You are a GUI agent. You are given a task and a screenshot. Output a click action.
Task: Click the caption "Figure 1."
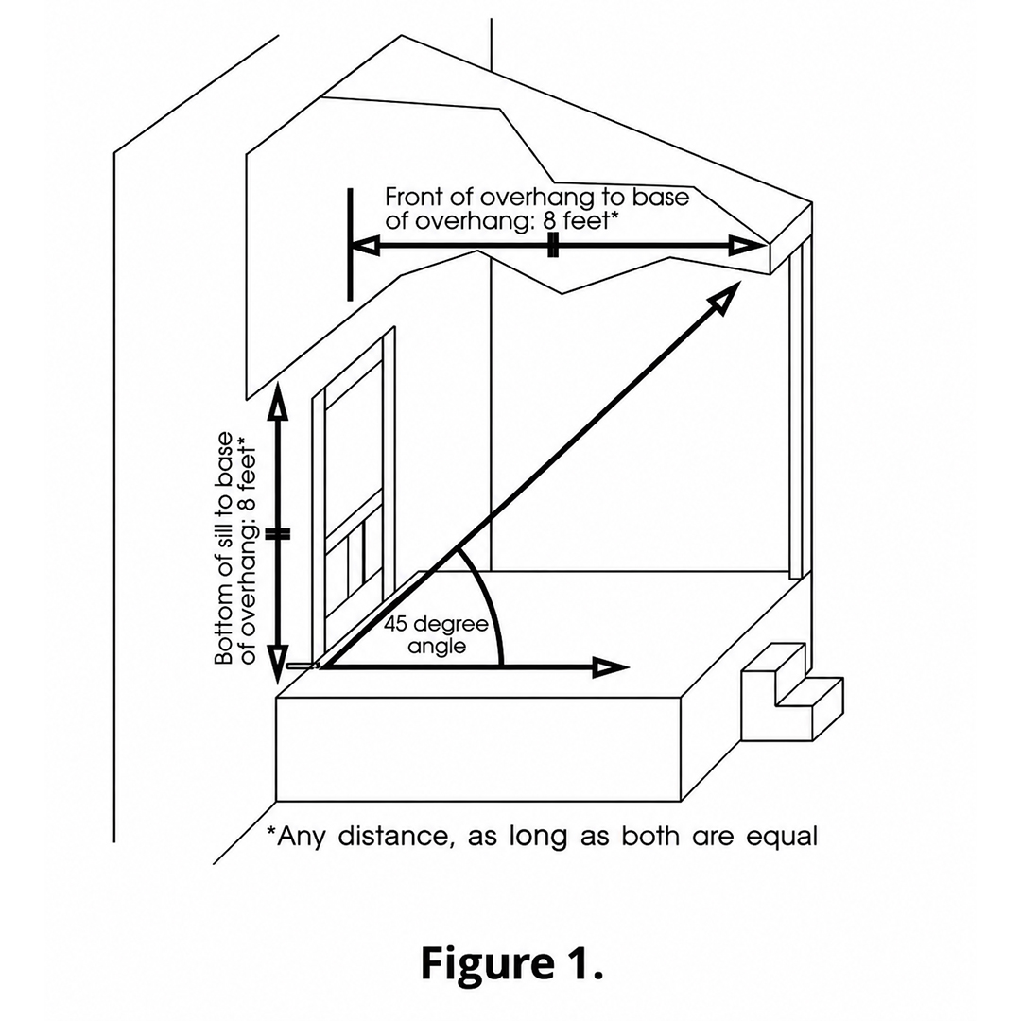point(511,963)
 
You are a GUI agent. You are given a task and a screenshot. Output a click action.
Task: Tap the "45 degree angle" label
point(436,635)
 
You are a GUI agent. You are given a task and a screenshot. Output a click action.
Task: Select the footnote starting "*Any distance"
point(543,836)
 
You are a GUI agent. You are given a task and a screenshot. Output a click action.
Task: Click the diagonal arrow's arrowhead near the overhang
point(725,297)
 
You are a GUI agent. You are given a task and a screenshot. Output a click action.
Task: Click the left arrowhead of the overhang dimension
point(366,247)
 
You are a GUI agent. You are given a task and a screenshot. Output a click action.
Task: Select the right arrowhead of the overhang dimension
point(748,246)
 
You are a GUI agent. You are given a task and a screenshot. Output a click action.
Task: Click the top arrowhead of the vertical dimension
point(279,400)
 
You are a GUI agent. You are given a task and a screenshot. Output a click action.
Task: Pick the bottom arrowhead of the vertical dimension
point(278,665)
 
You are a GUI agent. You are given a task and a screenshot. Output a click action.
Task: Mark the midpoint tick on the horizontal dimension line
point(553,245)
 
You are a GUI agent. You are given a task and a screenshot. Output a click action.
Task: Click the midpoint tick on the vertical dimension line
point(279,534)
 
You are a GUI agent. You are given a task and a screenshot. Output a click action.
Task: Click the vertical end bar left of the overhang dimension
point(351,244)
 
